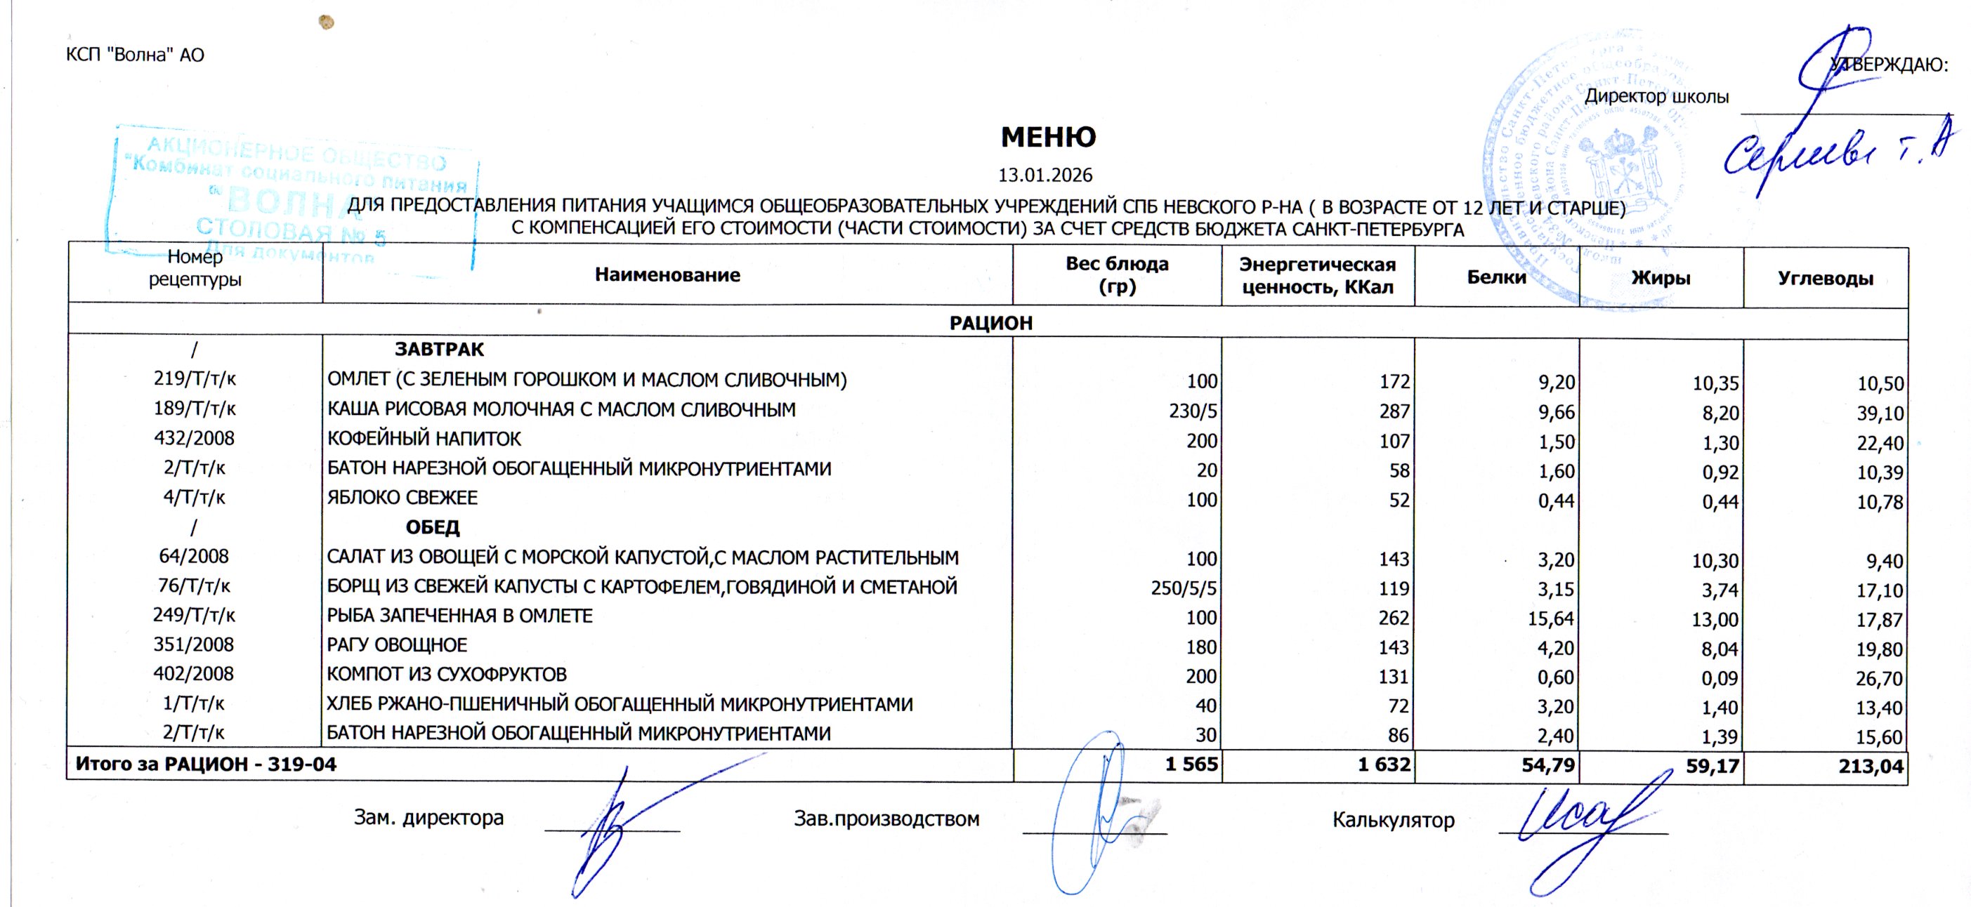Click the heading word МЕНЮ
pos(1048,138)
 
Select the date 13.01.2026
pos(1045,175)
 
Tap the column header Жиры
pos(1661,277)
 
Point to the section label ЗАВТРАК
pos(439,350)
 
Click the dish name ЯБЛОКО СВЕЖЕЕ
pos(402,498)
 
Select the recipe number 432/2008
pos(195,438)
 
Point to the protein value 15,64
pos(1551,618)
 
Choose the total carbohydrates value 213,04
pos(1871,765)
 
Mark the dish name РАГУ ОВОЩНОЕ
pos(397,644)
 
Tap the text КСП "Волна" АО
pos(136,55)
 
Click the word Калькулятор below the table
pos(1394,820)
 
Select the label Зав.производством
pos(886,819)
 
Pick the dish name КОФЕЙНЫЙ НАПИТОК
pos(424,439)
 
